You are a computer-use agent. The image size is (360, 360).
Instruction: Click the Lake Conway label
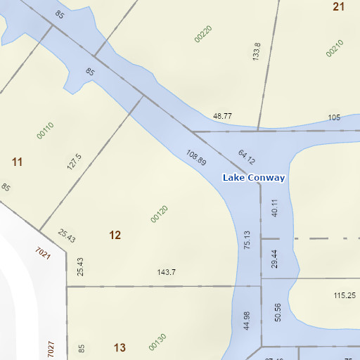click(254, 178)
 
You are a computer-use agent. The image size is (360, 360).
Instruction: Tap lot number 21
click(339, 6)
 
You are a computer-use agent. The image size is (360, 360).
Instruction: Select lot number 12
click(115, 235)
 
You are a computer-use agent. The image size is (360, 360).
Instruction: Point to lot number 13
click(119, 347)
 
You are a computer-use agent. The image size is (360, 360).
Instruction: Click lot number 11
click(18, 162)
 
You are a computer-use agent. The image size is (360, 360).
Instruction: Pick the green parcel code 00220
click(203, 33)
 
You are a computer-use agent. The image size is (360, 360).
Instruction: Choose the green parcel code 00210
click(335, 47)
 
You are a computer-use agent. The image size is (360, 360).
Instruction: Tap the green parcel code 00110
click(46, 130)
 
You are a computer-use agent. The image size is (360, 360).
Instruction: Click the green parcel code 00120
click(160, 214)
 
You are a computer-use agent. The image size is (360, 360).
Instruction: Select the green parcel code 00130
click(157, 342)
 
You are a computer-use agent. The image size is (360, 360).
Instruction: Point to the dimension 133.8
click(257, 51)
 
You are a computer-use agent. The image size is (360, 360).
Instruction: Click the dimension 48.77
click(222, 116)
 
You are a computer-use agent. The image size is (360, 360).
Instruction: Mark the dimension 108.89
click(196, 157)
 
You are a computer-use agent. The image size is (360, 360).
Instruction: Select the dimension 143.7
click(166, 272)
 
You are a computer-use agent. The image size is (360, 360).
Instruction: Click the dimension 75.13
click(247, 240)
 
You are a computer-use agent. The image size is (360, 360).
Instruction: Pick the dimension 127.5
click(75, 162)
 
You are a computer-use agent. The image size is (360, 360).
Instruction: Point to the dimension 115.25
click(344, 296)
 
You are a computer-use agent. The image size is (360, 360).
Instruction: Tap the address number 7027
click(51, 349)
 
